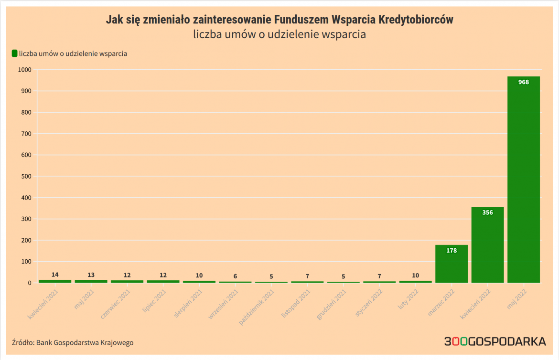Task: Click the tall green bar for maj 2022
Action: coord(523,181)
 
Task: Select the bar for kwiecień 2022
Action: coord(487,246)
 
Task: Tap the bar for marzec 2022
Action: coord(451,265)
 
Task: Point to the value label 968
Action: coord(524,82)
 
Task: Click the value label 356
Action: coord(487,212)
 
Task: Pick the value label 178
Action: coord(451,250)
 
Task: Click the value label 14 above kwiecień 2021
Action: coord(55,275)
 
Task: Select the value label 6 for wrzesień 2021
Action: coord(235,276)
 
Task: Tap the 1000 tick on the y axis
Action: coord(24,70)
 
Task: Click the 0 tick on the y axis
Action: coord(29,283)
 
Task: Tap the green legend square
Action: coord(14,53)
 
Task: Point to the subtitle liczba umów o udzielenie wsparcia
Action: coord(279,34)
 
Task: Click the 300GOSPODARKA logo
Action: coord(494,341)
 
